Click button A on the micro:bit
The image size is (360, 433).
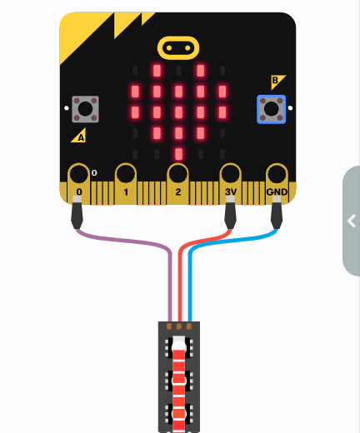(x=85, y=109)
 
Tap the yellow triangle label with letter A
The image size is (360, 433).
(x=80, y=137)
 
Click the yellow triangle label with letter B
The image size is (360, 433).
(x=277, y=82)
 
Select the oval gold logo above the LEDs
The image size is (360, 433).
(x=178, y=48)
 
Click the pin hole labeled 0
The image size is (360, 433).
(x=79, y=174)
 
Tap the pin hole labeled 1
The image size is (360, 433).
(x=126, y=174)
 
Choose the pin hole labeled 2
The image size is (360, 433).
(x=178, y=174)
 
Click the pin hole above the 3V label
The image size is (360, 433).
(x=230, y=174)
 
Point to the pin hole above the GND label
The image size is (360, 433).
(x=277, y=174)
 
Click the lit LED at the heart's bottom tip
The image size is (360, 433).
(x=179, y=154)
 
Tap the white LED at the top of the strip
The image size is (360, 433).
(x=179, y=344)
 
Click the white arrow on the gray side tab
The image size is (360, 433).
(x=352, y=221)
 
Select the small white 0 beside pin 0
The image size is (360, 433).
(x=94, y=173)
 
